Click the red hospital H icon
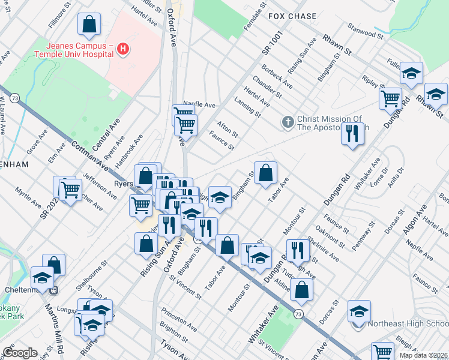pyautogui.click(x=124, y=48)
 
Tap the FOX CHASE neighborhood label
pyautogui.click(x=292, y=16)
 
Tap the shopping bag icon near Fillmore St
pyautogui.click(x=89, y=25)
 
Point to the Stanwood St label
pyautogui.click(x=366, y=31)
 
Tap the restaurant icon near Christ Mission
pyautogui.click(x=352, y=133)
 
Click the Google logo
pyautogui.click(x=20, y=353)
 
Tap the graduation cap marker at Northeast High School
pyautogui.click(x=359, y=311)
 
